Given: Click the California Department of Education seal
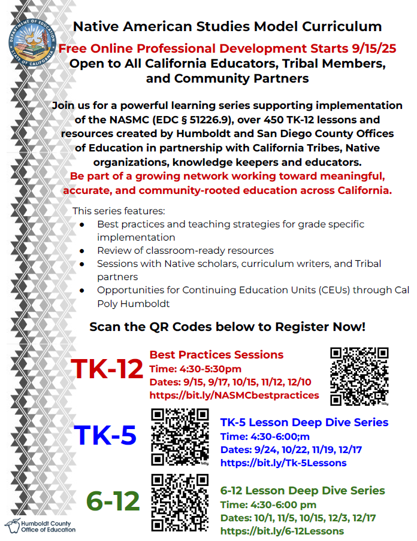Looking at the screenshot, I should pos(34,43).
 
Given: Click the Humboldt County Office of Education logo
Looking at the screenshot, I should pos(40,525).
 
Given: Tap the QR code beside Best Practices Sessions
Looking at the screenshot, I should pos(359,376).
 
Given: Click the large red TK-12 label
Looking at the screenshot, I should pos(107,369).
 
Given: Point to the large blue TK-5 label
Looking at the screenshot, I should pos(105,435).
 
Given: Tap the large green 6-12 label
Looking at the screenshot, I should pos(113,501).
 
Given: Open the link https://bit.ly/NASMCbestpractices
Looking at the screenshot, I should pos(234,395).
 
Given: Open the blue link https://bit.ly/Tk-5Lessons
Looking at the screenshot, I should pos(283,463).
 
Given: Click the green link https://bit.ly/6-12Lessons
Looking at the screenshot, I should pos(282,531).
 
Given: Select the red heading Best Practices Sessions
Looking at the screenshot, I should pos(216,355).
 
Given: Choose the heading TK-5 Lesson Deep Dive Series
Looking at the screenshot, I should pos(304,423).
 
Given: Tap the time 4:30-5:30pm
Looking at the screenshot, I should pos(209,369).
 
